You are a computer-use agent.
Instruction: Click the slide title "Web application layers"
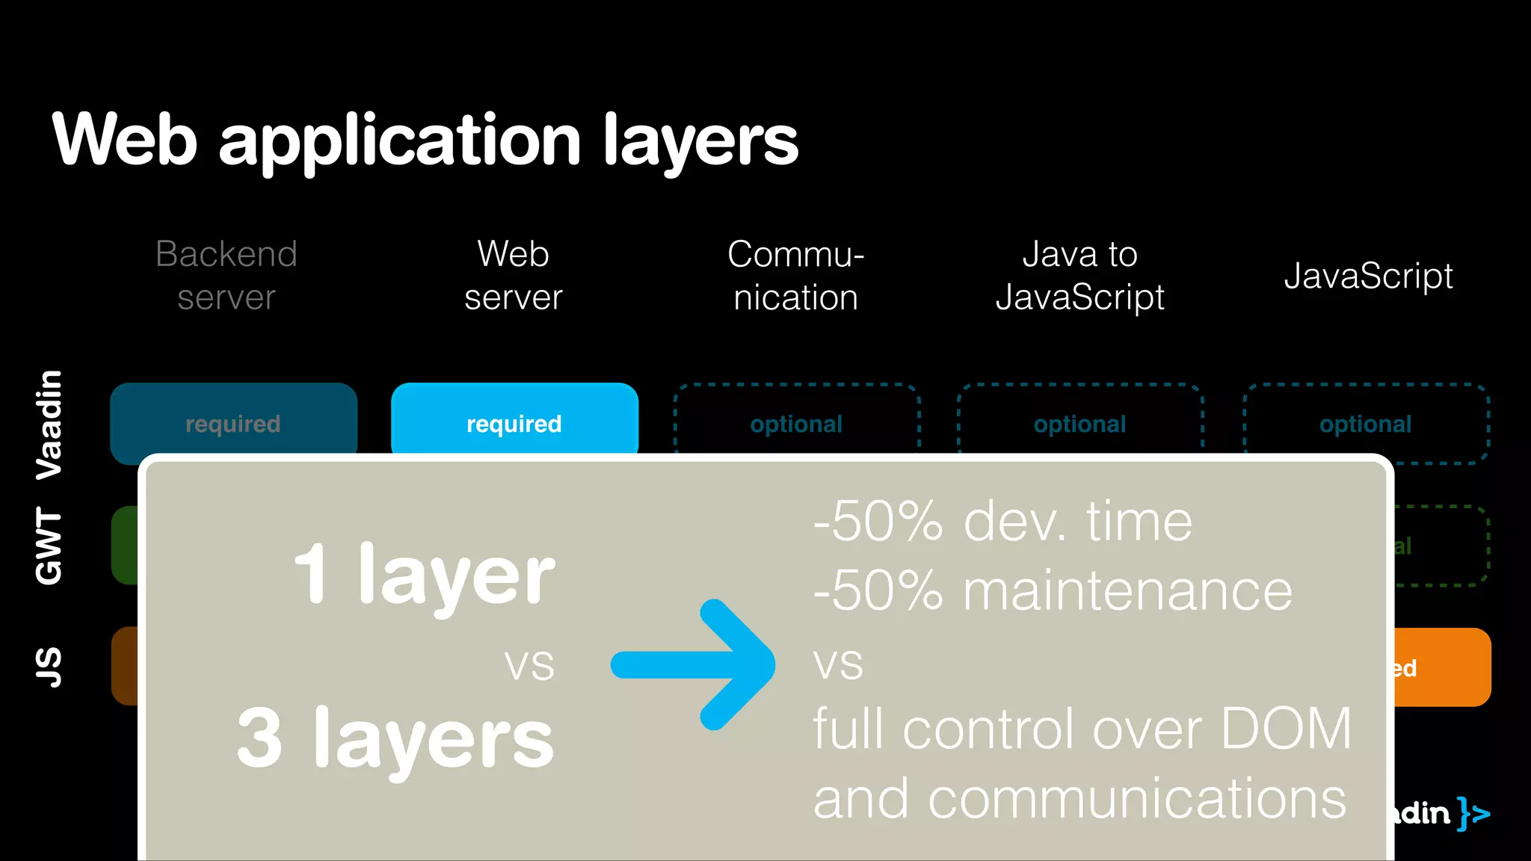click(425, 141)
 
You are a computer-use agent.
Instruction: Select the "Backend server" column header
click(227, 275)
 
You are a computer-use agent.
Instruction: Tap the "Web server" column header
click(514, 275)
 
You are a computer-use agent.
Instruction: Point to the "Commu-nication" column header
click(795, 275)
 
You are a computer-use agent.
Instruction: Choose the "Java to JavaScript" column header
click(1079, 275)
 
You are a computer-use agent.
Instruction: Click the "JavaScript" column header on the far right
click(1368, 276)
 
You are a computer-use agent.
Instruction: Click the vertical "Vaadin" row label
click(49, 424)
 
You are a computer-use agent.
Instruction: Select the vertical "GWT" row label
click(49, 546)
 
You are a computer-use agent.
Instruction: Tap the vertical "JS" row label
click(49, 667)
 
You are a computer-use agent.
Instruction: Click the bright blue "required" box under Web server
click(514, 419)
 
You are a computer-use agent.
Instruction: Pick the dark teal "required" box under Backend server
click(233, 419)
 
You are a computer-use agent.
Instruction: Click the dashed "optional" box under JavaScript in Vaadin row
click(1366, 423)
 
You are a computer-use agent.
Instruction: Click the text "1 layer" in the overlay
click(425, 574)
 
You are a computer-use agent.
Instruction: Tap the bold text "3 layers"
click(396, 738)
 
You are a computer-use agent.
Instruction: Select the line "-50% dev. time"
click(1002, 522)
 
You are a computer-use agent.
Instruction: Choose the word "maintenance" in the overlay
click(1127, 591)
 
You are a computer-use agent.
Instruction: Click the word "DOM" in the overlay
click(1286, 728)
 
